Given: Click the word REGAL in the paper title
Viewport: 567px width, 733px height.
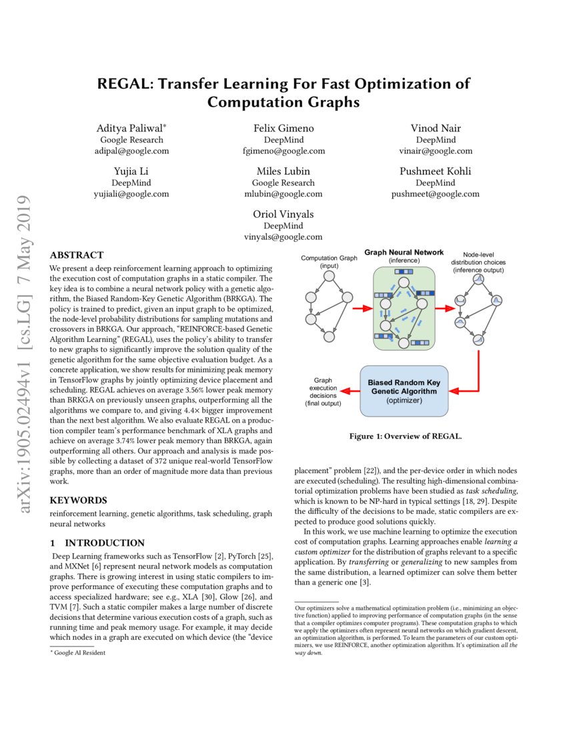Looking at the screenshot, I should coord(123,84).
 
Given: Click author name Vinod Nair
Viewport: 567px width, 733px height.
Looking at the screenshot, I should coord(436,128).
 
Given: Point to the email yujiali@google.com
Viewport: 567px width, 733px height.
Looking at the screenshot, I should coord(131,194).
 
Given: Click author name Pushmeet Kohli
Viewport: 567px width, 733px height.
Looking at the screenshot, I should coord(436,171).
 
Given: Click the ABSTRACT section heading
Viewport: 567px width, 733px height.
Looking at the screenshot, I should coord(77,255).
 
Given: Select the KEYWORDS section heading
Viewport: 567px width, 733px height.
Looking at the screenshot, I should coord(78,500).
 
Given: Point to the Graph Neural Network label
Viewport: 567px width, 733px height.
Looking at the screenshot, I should coord(403,253).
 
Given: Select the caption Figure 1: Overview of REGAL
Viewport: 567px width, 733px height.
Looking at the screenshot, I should coord(406,436).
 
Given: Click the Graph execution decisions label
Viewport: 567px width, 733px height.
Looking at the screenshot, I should coord(323,392).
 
